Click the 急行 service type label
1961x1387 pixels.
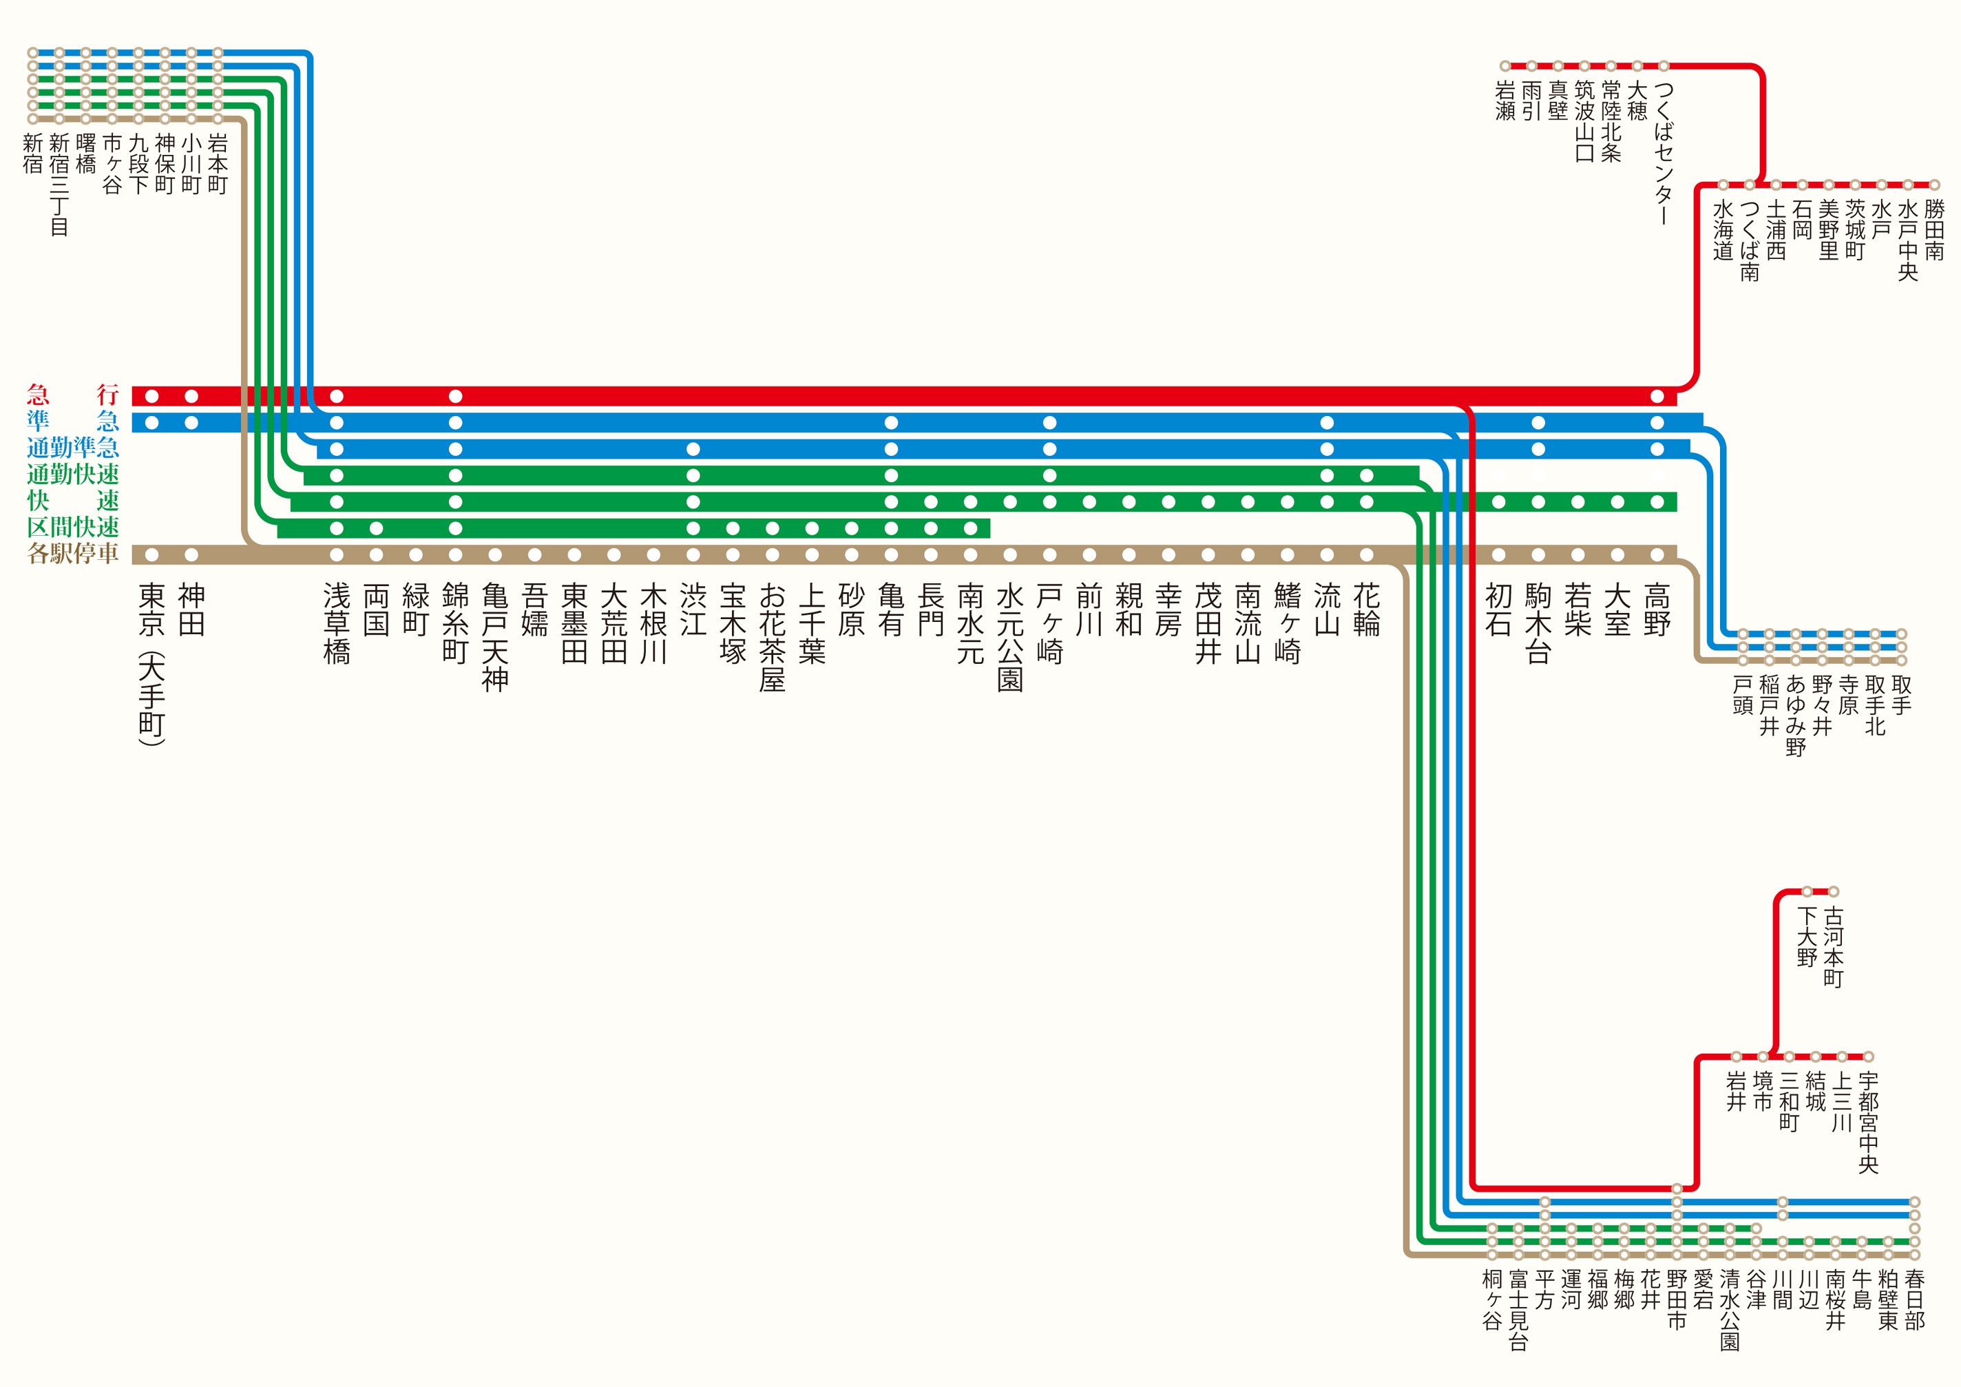[72, 395]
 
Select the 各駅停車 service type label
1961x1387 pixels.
[72, 554]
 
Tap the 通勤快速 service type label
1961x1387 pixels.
[72, 474]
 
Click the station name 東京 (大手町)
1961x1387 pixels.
[151, 665]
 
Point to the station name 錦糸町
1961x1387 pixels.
[455, 623]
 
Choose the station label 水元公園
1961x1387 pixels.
[1009, 637]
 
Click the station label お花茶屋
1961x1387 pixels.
[772, 637]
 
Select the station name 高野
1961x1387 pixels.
[1657, 609]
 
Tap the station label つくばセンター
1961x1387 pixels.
[1664, 154]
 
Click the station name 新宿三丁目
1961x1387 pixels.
[59, 185]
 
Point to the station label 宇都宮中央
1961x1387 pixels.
[1868, 1123]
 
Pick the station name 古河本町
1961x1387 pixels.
[1833, 947]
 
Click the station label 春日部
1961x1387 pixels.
[1914, 1300]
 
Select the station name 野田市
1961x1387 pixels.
[1677, 1300]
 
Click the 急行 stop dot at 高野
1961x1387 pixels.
[1657, 396]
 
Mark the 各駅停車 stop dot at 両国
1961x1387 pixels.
[376, 554]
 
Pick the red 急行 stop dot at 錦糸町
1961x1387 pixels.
[455, 396]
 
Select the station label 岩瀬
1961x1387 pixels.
[1505, 101]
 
